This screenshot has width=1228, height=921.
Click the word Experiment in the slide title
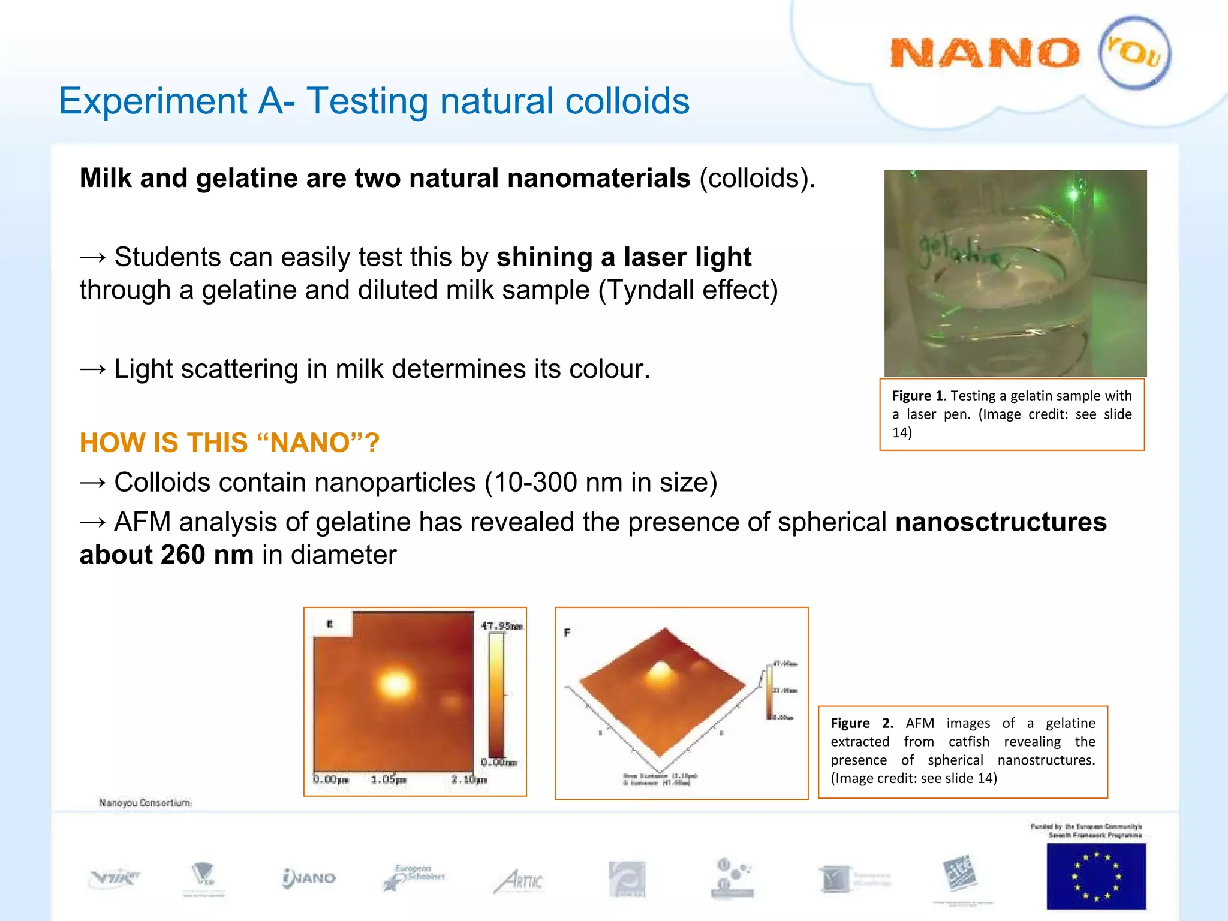tap(153, 101)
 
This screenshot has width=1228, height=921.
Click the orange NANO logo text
tap(984, 54)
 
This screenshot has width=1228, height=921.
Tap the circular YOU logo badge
tap(1134, 53)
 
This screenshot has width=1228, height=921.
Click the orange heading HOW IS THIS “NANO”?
tap(230, 443)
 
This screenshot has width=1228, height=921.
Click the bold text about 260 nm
tap(166, 555)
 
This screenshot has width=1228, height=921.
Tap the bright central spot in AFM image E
tap(396, 684)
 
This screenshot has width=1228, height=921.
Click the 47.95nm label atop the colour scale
tap(501, 626)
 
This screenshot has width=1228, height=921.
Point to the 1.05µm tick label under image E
tap(389, 779)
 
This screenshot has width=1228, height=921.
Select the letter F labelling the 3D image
tap(567, 633)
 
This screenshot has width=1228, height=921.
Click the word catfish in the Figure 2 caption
tap(968, 742)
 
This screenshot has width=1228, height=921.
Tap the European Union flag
tap(1096, 876)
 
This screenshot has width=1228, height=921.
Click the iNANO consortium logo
tap(309, 878)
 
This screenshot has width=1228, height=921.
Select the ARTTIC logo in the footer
tap(519, 881)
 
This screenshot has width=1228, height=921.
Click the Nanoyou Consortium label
tap(145, 802)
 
